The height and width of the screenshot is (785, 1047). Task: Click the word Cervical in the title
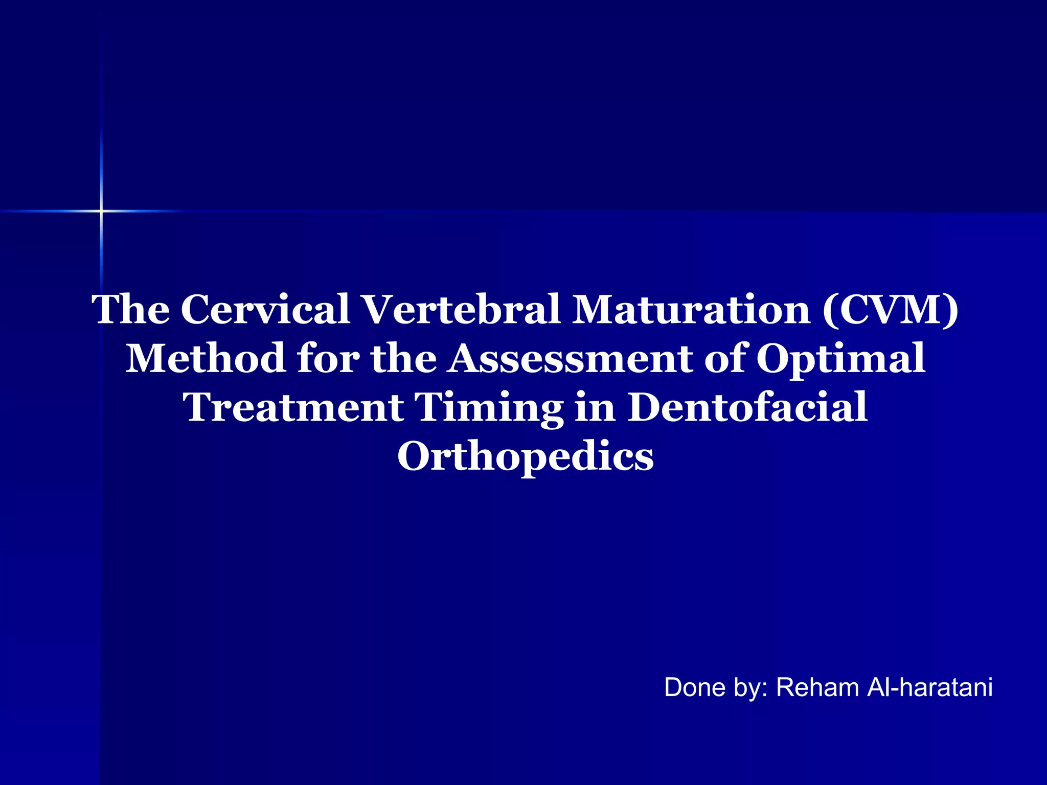(265, 309)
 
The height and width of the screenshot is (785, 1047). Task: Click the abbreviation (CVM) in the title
(890, 309)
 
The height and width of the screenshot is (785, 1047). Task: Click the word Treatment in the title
(294, 407)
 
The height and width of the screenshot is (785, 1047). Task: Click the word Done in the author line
(695, 687)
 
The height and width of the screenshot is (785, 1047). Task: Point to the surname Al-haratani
(930, 687)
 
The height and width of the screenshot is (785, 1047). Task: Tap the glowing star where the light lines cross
(101, 211)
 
